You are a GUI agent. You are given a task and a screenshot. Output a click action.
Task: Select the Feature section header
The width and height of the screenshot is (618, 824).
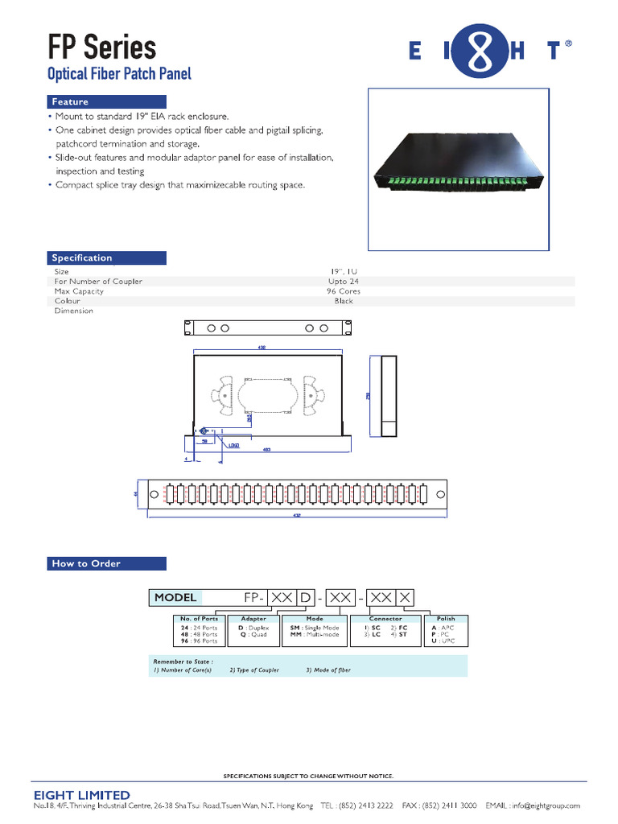(x=71, y=102)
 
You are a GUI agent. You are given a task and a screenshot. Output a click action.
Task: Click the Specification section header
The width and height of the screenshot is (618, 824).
(x=82, y=257)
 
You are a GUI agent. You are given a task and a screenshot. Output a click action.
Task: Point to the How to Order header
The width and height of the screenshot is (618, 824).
(x=86, y=563)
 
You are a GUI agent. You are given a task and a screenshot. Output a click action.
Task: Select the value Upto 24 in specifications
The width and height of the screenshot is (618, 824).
(x=344, y=282)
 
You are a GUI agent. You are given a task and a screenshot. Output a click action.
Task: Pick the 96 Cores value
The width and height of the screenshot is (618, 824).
(x=344, y=291)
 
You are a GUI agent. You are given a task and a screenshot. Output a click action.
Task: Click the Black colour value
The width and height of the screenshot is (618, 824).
(x=344, y=301)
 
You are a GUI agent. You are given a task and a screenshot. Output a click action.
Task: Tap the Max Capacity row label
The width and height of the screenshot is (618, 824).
(x=79, y=291)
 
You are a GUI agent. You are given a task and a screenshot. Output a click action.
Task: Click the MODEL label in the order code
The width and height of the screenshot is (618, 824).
(x=175, y=598)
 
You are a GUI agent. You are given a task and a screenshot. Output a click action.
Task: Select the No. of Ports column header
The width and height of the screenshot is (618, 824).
(x=199, y=619)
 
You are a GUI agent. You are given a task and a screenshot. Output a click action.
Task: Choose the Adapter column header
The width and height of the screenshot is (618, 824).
(x=253, y=619)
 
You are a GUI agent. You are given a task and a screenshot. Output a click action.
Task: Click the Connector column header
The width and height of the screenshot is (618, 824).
(x=385, y=619)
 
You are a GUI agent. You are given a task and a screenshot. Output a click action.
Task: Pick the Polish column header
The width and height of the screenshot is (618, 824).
(x=446, y=619)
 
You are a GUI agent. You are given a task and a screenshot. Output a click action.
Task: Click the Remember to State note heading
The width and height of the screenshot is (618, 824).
(x=183, y=661)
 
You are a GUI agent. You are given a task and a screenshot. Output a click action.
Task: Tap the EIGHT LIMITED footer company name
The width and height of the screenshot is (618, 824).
(x=81, y=795)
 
